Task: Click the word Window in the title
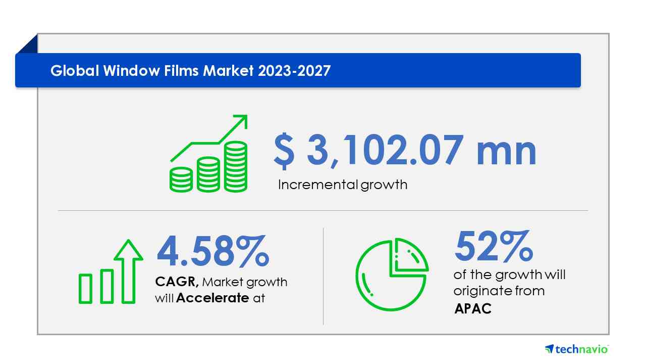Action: coord(131,71)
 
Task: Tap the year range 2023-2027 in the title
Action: coord(294,71)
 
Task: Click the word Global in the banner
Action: coord(75,71)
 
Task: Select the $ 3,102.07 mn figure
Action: coord(405,151)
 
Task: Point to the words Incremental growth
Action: coord(343,185)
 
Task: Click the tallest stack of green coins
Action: coord(236,166)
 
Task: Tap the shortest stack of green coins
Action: coord(181,179)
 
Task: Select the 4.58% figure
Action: coord(213,251)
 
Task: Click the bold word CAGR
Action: coord(177,282)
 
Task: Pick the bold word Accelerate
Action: coord(212,298)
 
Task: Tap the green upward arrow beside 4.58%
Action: coord(128,271)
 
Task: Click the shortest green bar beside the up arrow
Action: coord(85,289)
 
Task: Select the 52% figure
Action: coord(494,246)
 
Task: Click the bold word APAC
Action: coord(473,308)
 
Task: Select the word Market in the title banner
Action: coord(228,71)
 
